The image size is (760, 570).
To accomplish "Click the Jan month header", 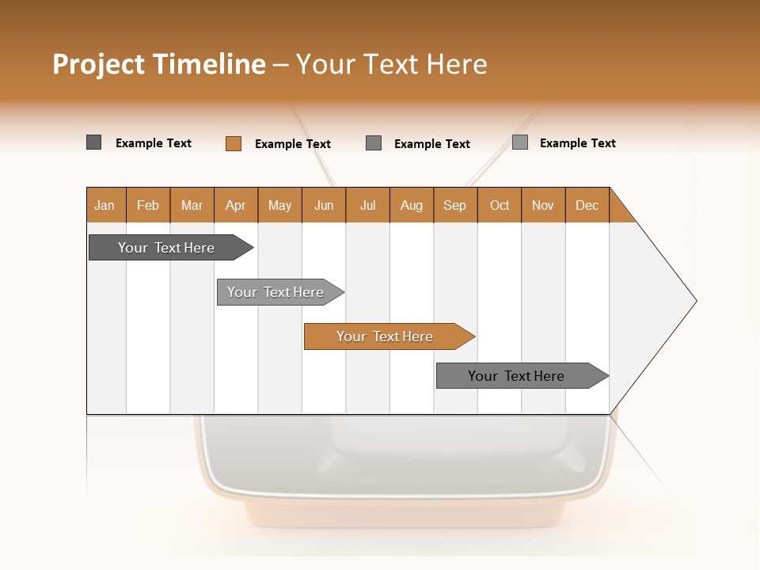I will (105, 205).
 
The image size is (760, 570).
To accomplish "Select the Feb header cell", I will (148, 205).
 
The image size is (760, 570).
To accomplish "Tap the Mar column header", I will (192, 205).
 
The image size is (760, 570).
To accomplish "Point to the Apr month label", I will (236, 205).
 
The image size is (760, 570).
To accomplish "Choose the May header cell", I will (279, 205).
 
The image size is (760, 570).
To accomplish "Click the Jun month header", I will (324, 205).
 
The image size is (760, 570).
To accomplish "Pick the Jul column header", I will (367, 205).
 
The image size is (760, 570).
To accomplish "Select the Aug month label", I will (412, 205).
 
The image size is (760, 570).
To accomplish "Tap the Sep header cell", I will (455, 205).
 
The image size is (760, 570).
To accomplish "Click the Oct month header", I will (500, 205).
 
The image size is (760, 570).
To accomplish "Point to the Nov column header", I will (543, 205).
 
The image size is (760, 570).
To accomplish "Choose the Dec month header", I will (587, 205).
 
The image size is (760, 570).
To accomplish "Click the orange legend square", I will (234, 143).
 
